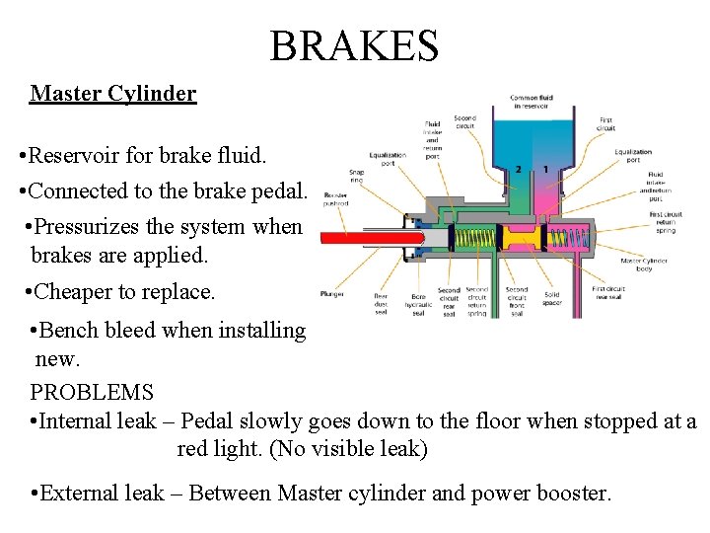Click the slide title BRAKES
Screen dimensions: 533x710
click(x=354, y=45)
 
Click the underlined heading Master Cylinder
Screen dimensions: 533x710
click(x=113, y=94)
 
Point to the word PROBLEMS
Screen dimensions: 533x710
click(x=92, y=392)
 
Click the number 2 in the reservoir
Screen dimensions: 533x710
click(x=519, y=170)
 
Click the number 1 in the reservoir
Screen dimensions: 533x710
click(x=545, y=170)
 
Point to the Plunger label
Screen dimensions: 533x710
click(x=331, y=293)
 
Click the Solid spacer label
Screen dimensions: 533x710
click(x=552, y=295)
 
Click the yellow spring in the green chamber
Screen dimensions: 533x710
click(x=472, y=238)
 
